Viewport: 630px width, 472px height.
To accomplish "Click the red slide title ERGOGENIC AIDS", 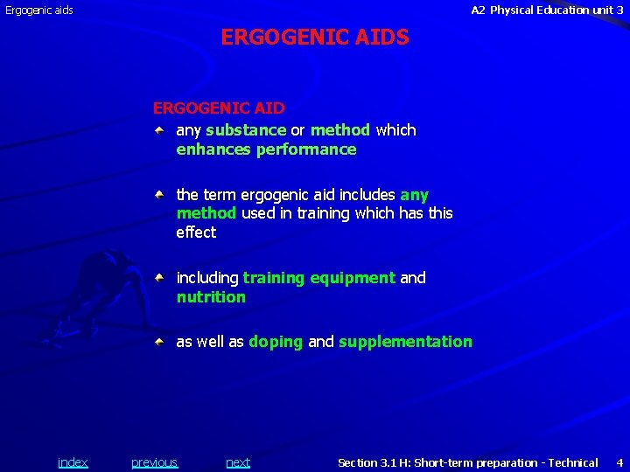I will (x=315, y=38).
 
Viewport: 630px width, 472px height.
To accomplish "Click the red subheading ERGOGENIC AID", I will (x=219, y=108).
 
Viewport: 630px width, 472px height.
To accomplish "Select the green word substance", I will (x=246, y=130).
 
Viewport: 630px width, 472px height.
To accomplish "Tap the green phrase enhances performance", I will (x=266, y=149).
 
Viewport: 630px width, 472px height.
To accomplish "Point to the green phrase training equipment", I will (x=318, y=278).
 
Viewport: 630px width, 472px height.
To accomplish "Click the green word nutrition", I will (x=211, y=297).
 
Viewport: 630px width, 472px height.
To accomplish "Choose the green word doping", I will (x=276, y=342).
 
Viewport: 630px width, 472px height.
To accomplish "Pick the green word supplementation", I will (x=405, y=342).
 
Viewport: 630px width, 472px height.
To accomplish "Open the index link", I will (x=73, y=462).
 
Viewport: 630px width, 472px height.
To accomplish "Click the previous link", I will (x=154, y=462).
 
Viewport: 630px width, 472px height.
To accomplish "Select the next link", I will (x=238, y=462).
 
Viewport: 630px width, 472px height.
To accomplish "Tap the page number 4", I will (x=619, y=462).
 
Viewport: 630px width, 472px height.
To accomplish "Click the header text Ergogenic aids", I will (x=39, y=10).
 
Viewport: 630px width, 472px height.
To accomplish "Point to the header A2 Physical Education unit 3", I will (x=547, y=10).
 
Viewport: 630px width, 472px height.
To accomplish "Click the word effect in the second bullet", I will (x=196, y=233).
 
